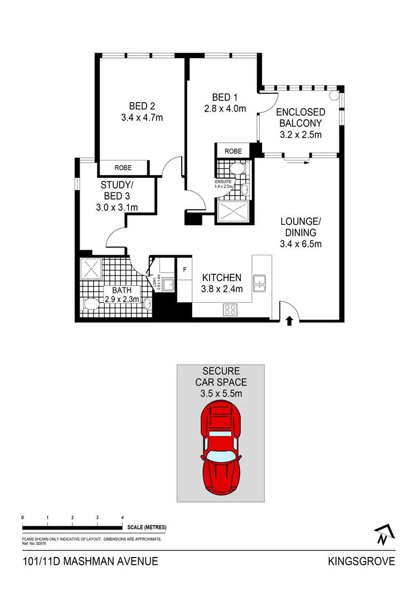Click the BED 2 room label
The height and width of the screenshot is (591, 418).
click(x=142, y=106)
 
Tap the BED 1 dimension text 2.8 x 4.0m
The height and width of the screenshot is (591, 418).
click(x=225, y=109)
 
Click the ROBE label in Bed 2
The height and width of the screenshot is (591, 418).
click(x=123, y=167)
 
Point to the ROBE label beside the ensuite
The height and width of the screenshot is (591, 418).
click(x=233, y=151)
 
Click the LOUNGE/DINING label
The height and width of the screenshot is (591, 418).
click(x=300, y=227)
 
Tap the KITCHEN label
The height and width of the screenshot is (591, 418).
click(x=221, y=278)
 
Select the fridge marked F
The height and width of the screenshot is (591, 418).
click(x=184, y=270)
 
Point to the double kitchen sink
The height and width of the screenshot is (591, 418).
click(x=260, y=283)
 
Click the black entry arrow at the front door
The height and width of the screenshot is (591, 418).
click(x=289, y=321)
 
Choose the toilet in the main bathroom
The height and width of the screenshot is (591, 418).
click(x=90, y=304)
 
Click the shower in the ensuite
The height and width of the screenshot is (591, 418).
click(x=232, y=211)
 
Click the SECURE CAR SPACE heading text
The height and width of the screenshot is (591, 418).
click(x=221, y=376)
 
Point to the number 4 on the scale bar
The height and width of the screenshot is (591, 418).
click(x=122, y=518)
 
